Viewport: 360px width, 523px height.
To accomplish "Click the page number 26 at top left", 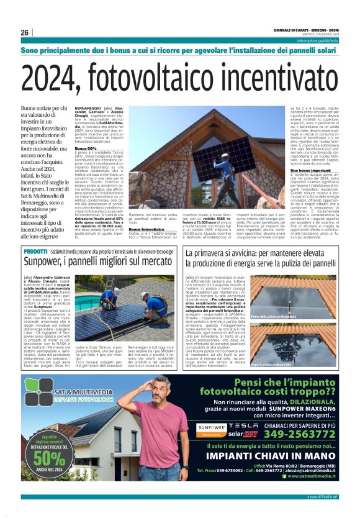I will coord(25,32).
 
